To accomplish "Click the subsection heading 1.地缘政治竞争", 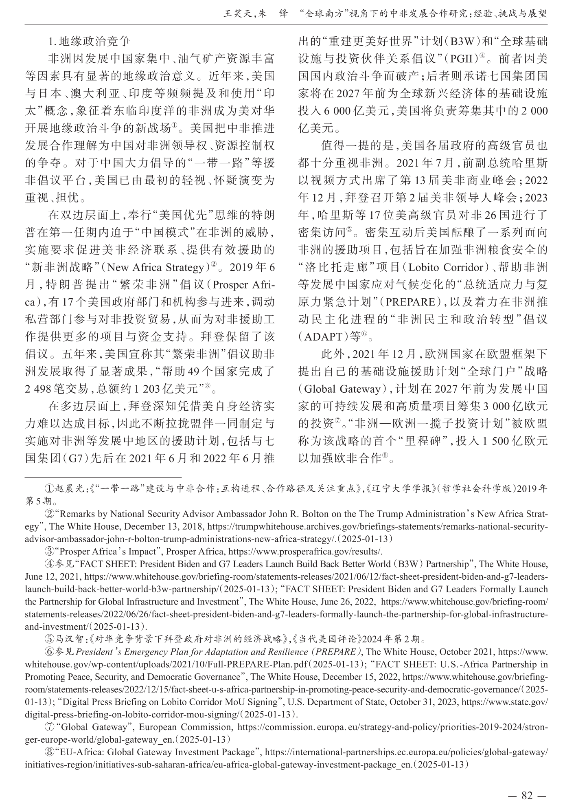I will tap(89, 41).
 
